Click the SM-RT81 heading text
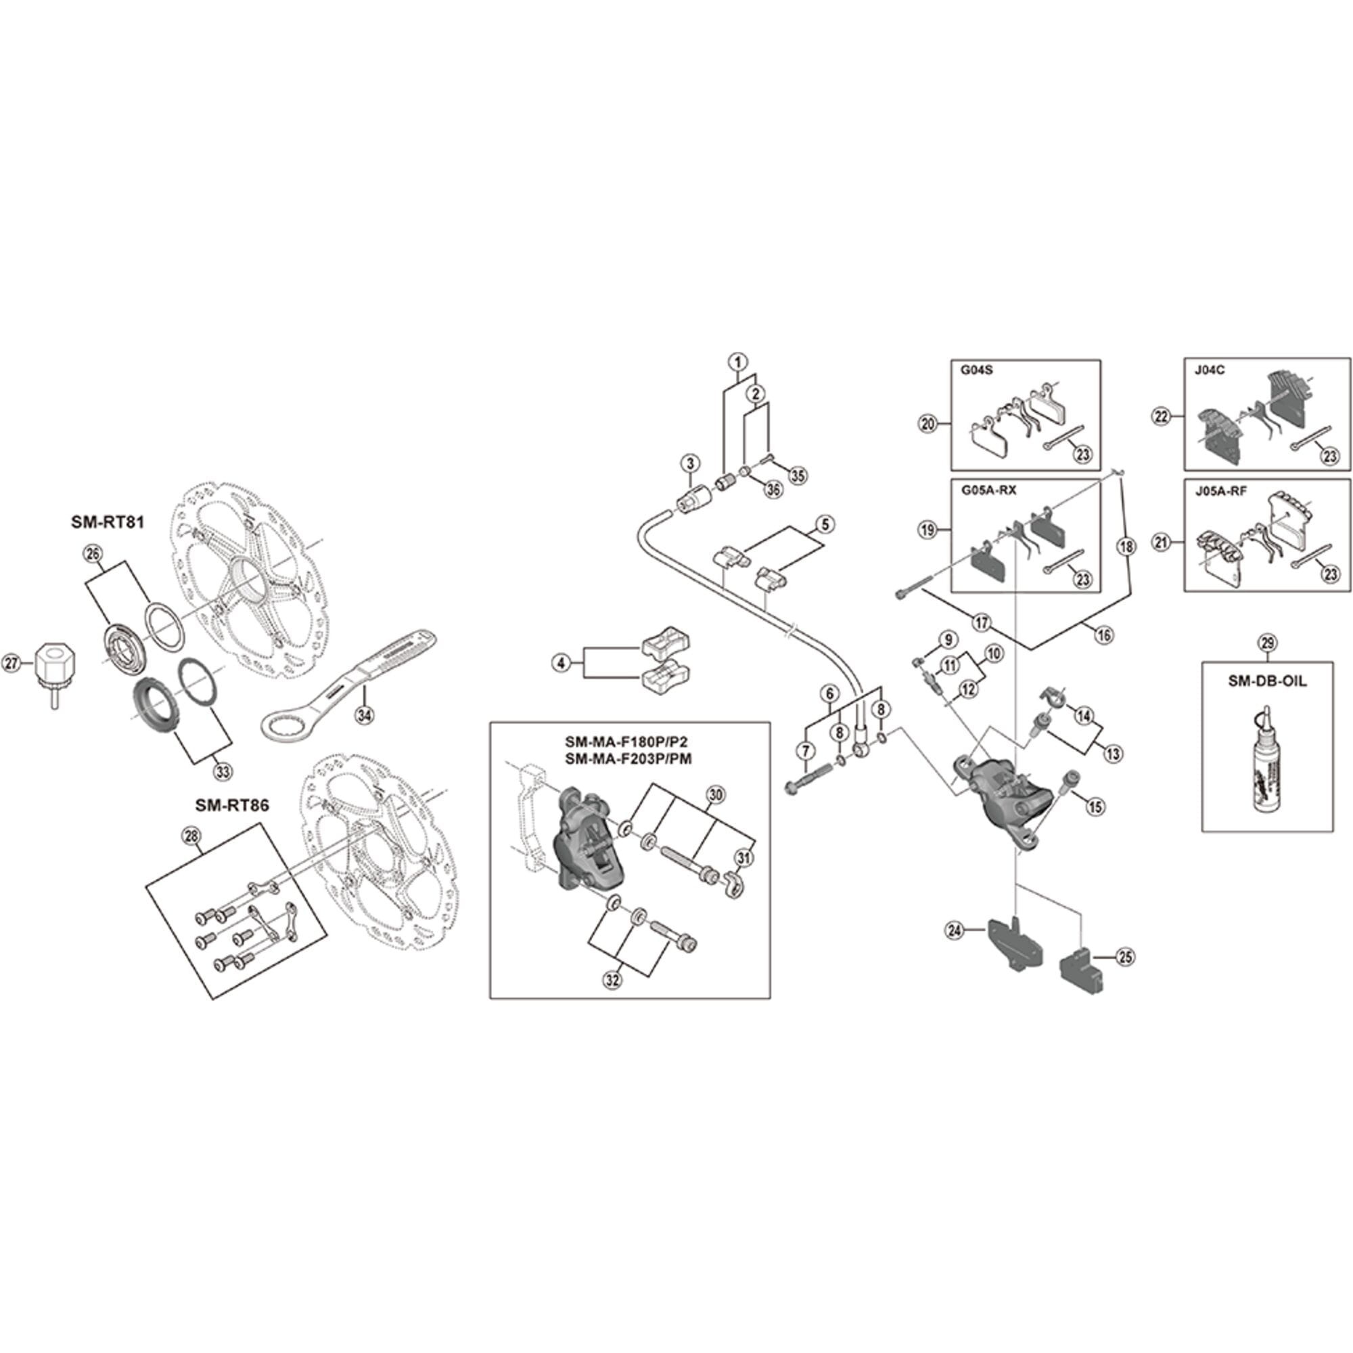[107, 522]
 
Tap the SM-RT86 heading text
[232, 806]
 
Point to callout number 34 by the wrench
[365, 715]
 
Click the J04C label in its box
[1210, 371]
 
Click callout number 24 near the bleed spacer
[953, 931]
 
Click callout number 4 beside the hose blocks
[561, 662]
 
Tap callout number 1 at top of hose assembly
[737, 362]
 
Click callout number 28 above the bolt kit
[191, 835]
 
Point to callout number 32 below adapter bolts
[613, 981]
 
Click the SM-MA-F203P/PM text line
[629, 759]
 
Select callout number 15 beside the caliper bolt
[1095, 807]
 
